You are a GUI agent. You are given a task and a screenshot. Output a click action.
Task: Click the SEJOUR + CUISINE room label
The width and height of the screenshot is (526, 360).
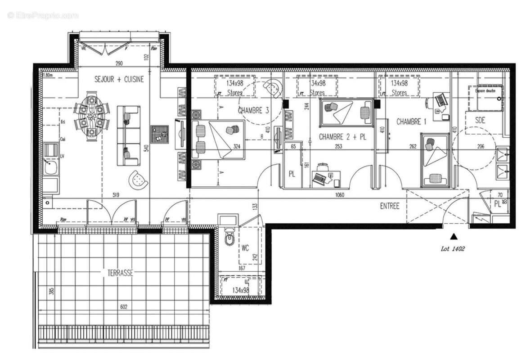pyautogui.click(x=119, y=79)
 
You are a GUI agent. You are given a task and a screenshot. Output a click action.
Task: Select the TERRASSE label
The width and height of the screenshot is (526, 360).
pyautogui.click(x=120, y=273)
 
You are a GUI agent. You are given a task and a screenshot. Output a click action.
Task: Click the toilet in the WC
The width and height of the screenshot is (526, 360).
pyautogui.click(x=229, y=238)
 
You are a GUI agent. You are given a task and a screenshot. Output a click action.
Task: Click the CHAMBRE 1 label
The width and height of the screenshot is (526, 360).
pyautogui.click(x=411, y=121)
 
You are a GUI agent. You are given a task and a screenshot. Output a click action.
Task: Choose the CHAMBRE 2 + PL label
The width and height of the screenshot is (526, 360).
pyautogui.click(x=342, y=136)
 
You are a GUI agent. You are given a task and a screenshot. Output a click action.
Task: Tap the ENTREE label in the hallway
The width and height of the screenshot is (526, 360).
pyautogui.click(x=390, y=206)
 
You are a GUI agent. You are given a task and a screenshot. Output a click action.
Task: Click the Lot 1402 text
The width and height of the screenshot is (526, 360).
pyautogui.click(x=452, y=248)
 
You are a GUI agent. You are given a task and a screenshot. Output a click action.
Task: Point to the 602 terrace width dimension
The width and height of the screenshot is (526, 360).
pyautogui.click(x=124, y=307)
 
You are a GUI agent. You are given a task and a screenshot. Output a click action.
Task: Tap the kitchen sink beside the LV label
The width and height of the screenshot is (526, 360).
pyautogui.click(x=50, y=168)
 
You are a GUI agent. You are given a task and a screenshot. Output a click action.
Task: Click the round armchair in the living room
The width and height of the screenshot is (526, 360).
pyautogui.click(x=138, y=180)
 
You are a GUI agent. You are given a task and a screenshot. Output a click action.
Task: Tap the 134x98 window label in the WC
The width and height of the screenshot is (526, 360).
pyautogui.click(x=241, y=290)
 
